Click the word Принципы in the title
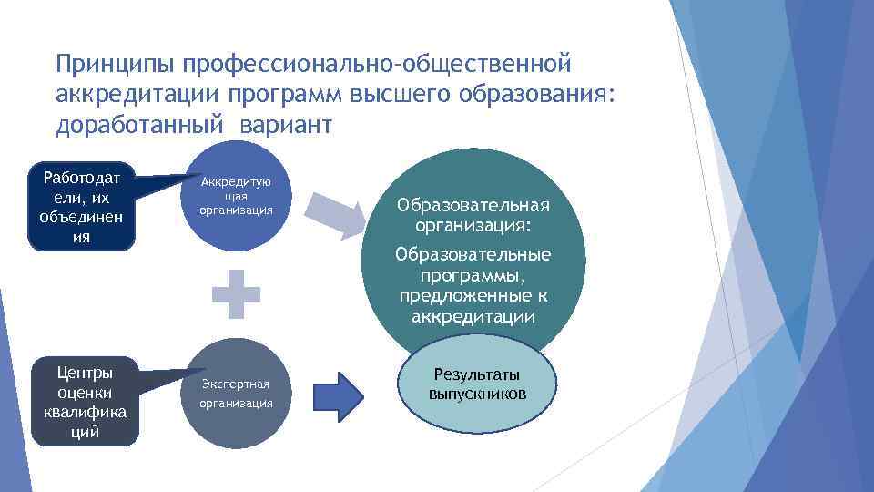click(x=116, y=65)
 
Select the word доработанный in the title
click(x=143, y=125)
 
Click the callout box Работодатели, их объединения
click(x=81, y=206)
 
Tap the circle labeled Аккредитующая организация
click(x=236, y=196)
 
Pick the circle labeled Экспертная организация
click(x=236, y=393)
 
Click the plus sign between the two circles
click(x=237, y=293)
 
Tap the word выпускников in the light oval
click(x=477, y=394)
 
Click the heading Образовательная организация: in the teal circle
click(x=473, y=214)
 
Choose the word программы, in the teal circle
click(x=473, y=276)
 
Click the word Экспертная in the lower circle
click(x=236, y=383)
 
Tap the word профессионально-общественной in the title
click(x=377, y=65)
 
